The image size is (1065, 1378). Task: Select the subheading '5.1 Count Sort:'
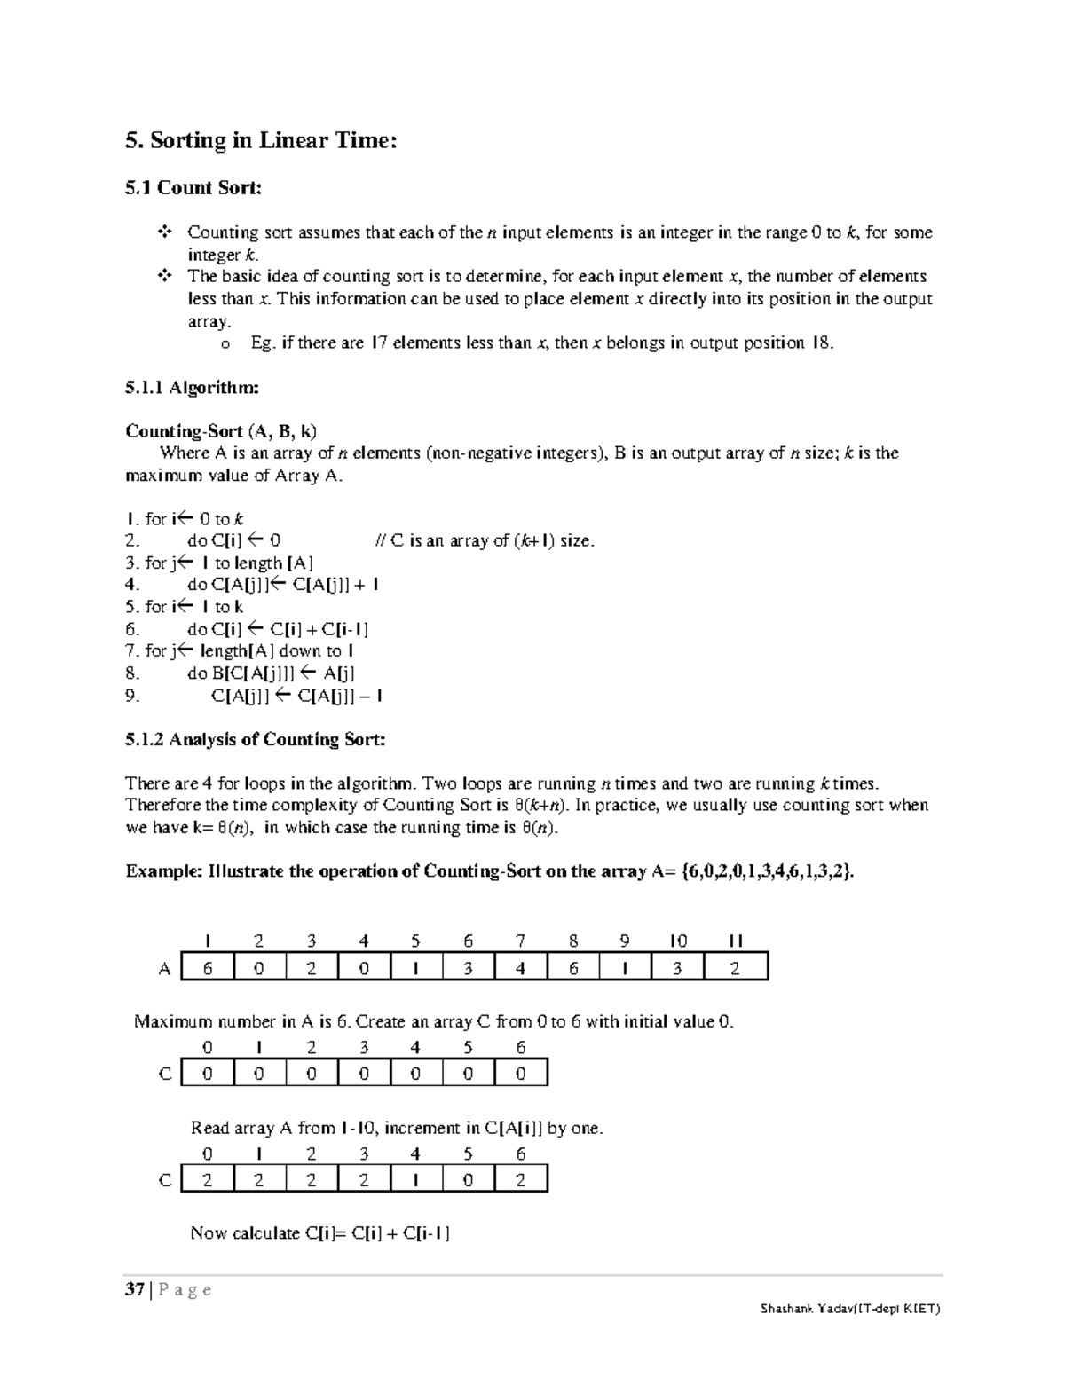193,187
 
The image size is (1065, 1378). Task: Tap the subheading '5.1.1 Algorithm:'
192,387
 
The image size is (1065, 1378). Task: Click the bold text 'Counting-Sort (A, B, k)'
221,431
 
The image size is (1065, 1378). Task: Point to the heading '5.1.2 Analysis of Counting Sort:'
256,739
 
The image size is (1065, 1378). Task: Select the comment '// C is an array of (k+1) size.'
485,541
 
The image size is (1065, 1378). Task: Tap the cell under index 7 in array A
521,968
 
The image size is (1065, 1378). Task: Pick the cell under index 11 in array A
735,968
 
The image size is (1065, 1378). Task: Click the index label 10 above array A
678,941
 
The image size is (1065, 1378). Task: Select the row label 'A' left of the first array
164,969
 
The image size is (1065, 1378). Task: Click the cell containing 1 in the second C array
415,1180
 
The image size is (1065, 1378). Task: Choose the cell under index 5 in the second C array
468,1180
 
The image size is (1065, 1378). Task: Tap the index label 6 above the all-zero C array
521,1048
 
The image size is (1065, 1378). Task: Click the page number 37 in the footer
135,1289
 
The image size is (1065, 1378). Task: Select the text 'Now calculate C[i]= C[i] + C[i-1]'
320,1233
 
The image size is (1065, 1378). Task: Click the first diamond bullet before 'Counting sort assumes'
164,232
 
